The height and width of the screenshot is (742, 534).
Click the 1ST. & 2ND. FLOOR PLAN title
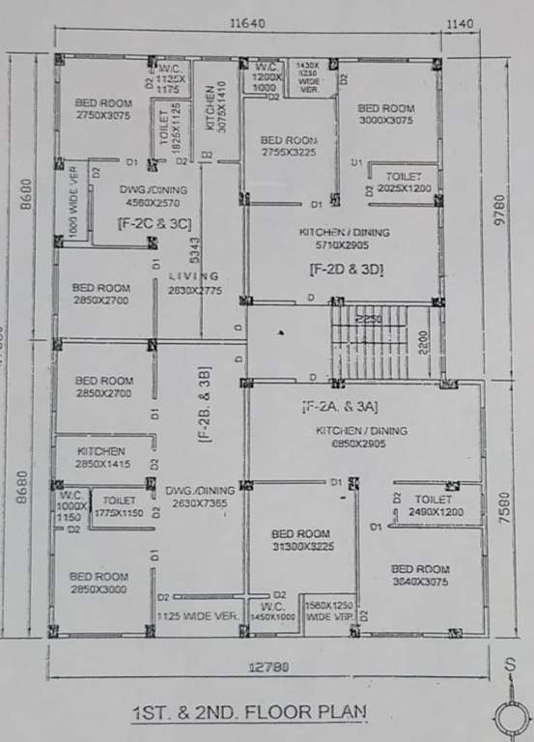(x=250, y=713)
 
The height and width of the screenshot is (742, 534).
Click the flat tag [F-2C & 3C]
(x=155, y=224)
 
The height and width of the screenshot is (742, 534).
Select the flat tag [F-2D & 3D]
(x=347, y=271)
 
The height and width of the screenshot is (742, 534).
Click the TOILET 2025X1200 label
(x=405, y=184)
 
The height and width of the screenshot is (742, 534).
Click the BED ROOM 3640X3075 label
(x=419, y=576)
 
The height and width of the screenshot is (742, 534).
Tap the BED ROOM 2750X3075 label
(x=103, y=109)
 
